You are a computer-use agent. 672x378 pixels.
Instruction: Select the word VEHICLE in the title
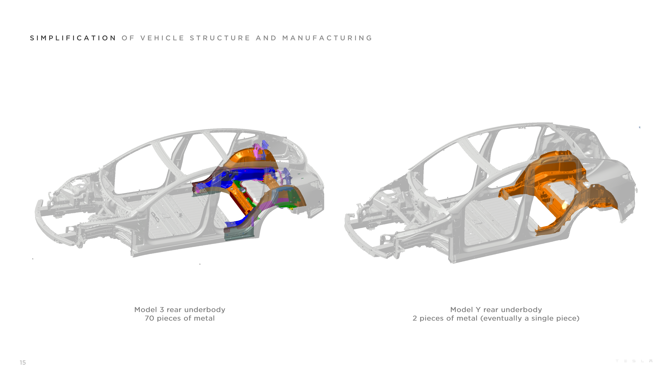pyautogui.click(x=162, y=38)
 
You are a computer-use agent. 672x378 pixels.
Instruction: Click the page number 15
pyautogui.click(x=23, y=362)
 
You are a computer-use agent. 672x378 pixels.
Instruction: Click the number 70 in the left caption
pyautogui.click(x=149, y=318)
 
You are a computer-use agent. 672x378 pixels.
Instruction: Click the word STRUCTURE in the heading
pyautogui.click(x=220, y=38)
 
